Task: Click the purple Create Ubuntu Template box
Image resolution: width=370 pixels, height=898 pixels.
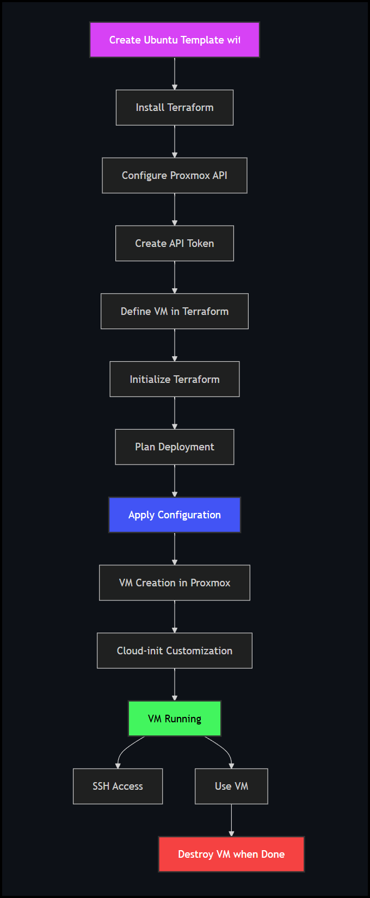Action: (175, 40)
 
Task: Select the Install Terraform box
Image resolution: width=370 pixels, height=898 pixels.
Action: (175, 108)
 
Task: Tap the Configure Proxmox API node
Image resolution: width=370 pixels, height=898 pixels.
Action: (175, 176)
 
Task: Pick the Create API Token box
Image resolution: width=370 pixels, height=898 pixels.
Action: (175, 244)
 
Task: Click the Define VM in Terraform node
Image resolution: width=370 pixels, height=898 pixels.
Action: (175, 311)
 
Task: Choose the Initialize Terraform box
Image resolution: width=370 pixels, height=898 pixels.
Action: (175, 379)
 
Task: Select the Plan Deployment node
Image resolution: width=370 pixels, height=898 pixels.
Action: (175, 447)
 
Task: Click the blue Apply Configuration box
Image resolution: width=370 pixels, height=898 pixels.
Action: (175, 515)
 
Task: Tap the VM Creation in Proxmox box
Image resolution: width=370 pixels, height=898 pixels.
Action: (175, 583)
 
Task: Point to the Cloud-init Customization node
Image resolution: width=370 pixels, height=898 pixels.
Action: (175, 651)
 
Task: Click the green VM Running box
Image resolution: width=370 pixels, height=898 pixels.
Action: (175, 719)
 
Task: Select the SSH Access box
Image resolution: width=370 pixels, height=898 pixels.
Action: (118, 786)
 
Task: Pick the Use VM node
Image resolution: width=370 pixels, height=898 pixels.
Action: (231, 786)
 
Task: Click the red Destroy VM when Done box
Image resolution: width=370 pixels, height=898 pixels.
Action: (231, 854)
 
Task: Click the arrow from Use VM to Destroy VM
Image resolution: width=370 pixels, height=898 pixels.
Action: (231, 820)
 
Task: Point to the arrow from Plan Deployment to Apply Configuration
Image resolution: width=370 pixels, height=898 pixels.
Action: (175, 481)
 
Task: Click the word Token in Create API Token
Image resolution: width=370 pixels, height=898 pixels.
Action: (200, 244)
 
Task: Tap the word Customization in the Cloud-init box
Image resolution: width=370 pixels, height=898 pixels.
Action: (199, 651)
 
